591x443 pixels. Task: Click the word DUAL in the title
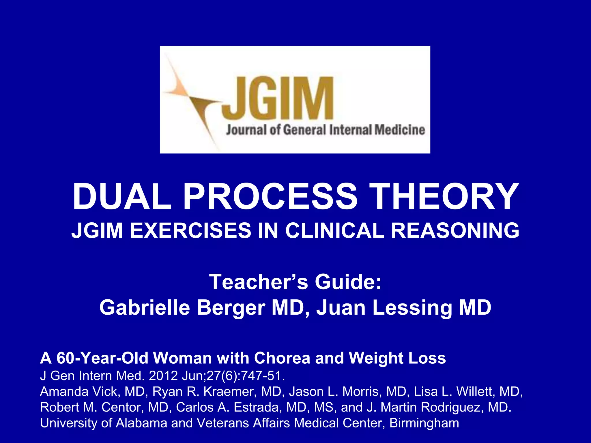coord(122,197)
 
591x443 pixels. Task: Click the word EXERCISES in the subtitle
coord(190,231)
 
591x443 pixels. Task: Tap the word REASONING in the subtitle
coord(455,231)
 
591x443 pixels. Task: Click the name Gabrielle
coord(145,307)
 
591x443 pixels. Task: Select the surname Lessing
coord(412,307)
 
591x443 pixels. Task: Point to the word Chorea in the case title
coord(282,358)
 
